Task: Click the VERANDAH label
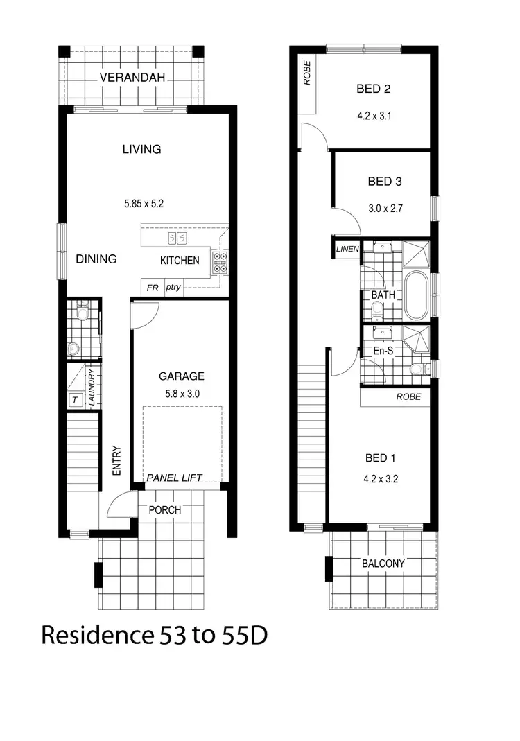[x=132, y=77]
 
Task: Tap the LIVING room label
[x=141, y=149]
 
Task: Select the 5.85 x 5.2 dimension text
[x=144, y=204]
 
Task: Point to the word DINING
[x=96, y=259]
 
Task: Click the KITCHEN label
[x=180, y=261]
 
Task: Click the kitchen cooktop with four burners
[x=220, y=260]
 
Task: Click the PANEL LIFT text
[x=174, y=478]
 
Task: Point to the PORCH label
[x=165, y=509]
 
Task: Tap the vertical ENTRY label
[x=116, y=460]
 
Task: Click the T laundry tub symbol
[x=75, y=400]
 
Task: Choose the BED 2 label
[x=374, y=89]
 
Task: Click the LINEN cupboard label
[x=346, y=249]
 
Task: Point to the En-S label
[x=383, y=351]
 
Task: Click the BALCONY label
[x=383, y=564]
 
